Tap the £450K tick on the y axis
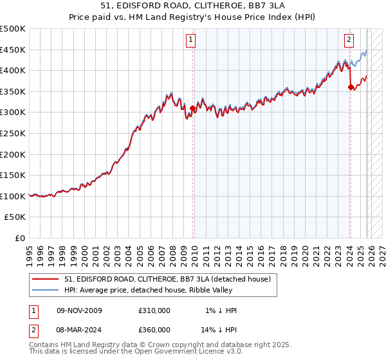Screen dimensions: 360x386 (13, 50)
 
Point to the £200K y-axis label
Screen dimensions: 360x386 (13, 154)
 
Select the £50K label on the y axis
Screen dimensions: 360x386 (15, 217)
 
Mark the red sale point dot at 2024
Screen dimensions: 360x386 (350, 87)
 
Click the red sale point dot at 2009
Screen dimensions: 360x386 (192, 109)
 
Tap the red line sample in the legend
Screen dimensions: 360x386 (46, 279)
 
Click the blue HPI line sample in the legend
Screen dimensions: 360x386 (46, 290)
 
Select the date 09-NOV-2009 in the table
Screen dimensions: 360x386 (79, 310)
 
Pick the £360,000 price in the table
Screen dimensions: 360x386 (154, 330)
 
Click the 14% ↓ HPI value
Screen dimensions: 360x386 (219, 330)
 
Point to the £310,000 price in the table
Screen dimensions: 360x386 (154, 310)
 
